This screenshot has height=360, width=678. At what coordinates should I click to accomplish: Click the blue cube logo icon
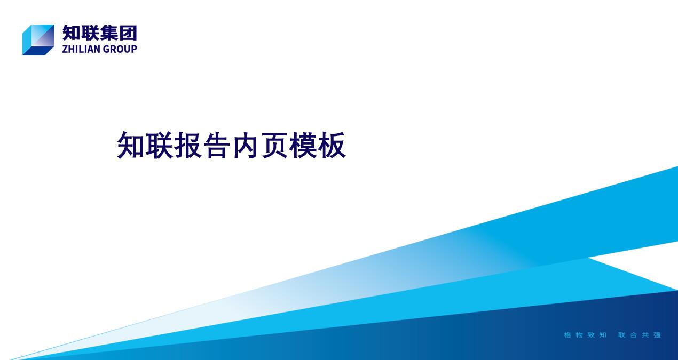pyautogui.click(x=38, y=40)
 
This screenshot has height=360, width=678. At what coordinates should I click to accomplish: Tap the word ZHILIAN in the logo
pyautogui.click(x=81, y=49)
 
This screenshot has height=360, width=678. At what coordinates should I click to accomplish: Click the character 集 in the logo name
pyautogui.click(x=109, y=33)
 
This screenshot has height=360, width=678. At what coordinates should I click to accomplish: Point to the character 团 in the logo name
pyautogui.click(x=128, y=33)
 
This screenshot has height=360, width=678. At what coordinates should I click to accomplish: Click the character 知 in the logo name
pyautogui.click(x=71, y=33)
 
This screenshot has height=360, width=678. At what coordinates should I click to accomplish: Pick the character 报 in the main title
pyautogui.click(x=188, y=145)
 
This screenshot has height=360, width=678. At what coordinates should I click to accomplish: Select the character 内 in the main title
pyautogui.click(x=246, y=145)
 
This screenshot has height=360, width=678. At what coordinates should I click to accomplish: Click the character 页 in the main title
pyautogui.click(x=274, y=145)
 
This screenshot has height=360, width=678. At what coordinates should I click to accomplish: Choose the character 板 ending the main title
pyautogui.click(x=332, y=145)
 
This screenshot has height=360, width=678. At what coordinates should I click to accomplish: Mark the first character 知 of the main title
pyautogui.click(x=131, y=145)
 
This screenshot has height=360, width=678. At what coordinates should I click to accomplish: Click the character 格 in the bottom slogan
pyautogui.click(x=567, y=335)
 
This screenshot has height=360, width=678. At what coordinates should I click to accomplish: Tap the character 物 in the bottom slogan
pyautogui.click(x=579, y=335)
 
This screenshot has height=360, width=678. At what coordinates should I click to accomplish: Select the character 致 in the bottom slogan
pyautogui.click(x=591, y=335)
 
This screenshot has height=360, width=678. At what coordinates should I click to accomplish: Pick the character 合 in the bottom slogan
pyautogui.click(x=634, y=335)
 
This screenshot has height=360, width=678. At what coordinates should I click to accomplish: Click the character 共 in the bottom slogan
pyautogui.click(x=645, y=335)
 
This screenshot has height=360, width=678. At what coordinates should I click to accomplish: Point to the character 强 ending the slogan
pyautogui.click(x=657, y=335)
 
